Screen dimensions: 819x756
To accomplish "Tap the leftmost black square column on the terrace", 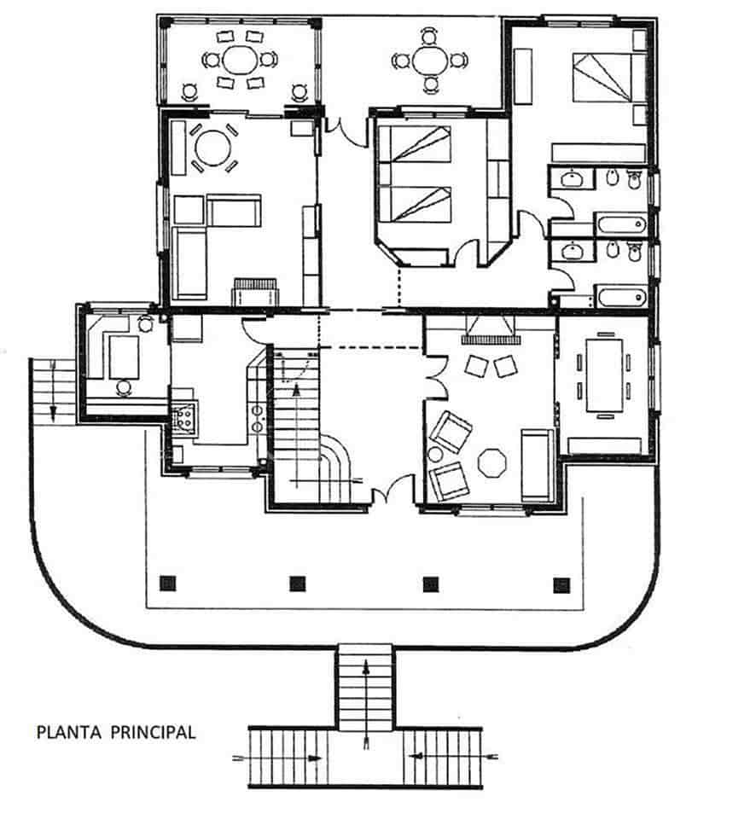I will [x=168, y=584].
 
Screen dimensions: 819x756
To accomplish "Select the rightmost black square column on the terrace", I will [x=561, y=584].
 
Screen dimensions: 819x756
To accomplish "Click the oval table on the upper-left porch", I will [x=240, y=61].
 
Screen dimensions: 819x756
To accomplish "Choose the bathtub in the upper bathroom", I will [x=620, y=224].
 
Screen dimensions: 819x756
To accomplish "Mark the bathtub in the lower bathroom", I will [x=620, y=298].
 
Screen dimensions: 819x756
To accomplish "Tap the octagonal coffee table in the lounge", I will [x=492, y=463].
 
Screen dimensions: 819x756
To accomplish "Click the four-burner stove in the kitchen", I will [x=183, y=418].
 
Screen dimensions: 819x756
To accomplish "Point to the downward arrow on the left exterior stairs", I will [x=53, y=409].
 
